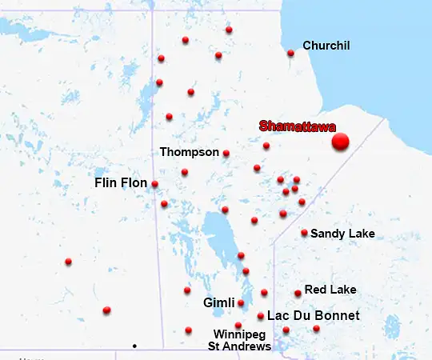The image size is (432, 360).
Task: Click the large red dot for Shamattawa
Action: pyautogui.click(x=341, y=142)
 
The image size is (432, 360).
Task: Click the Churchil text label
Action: pyautogui.click(x=326, y=46)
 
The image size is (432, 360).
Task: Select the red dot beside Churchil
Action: pyautogui.click(x=290, y=54)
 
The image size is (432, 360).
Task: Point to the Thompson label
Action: pyautogui.click(x=189, y=152)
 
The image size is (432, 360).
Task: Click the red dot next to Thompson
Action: pyautogui.click(x=226, y=154)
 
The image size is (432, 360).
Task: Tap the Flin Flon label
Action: pyautogui.click(x=121, y=183)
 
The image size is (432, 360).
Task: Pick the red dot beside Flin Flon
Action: pyautogui.click(x=154, y=184)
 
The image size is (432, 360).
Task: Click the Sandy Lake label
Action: pyautogui.click(x=342, y=234)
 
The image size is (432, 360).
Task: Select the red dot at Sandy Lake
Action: pyautogui.click(x=304, y=234)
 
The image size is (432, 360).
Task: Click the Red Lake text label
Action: pyautogui.click(x=330, y=290)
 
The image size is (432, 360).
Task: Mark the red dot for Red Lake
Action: pyautogui.click(x=298, y=294)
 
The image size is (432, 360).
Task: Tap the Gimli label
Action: pyautogui.click(x=218, y=303)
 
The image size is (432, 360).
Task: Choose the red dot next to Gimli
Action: pyautogui.click(x=241, y=303)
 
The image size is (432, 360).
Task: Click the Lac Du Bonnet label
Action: pyautogui.click(x=313, y=316)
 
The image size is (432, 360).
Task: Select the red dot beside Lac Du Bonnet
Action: pyautogui.click(x=261, y=316)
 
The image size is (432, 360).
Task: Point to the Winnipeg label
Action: pyautogui.click(x=239, y=334)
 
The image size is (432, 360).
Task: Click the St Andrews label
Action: pyautogui.click(x=239, y=346)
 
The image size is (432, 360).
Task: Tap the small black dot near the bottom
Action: pyautogui.click(x=134, y=346)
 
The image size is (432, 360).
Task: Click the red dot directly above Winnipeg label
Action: pyautogui.click(x=238, y=325)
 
